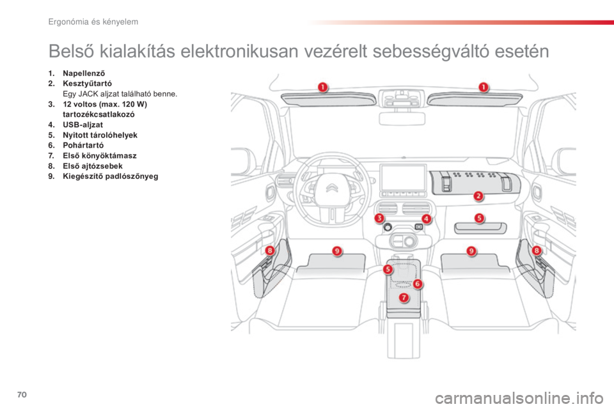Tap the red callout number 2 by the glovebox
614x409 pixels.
(x=478, y=196)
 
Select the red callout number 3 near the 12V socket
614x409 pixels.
(x=379, y=218)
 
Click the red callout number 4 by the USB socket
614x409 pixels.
(x=426, y=219)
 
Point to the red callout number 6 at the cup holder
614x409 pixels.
(x=418, y=283)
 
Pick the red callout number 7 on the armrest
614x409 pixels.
(x=404, y=298)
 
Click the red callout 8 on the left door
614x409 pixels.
(x=269, y=250)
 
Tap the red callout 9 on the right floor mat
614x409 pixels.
(x=471, y=251)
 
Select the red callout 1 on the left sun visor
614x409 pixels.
(x=322, y=87)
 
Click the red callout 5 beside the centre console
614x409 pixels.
(x=388, y=269)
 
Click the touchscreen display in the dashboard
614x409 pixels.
(x=403, y=178)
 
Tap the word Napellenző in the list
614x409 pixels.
(x=84, y=73)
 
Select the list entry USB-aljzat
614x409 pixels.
(x=83, y=125)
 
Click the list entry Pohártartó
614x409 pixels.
(x=83, y=145)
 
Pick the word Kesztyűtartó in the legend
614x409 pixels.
(x=87, y=83)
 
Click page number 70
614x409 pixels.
(x=22, y=394)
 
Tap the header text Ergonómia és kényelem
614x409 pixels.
(x=93, y=22)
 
